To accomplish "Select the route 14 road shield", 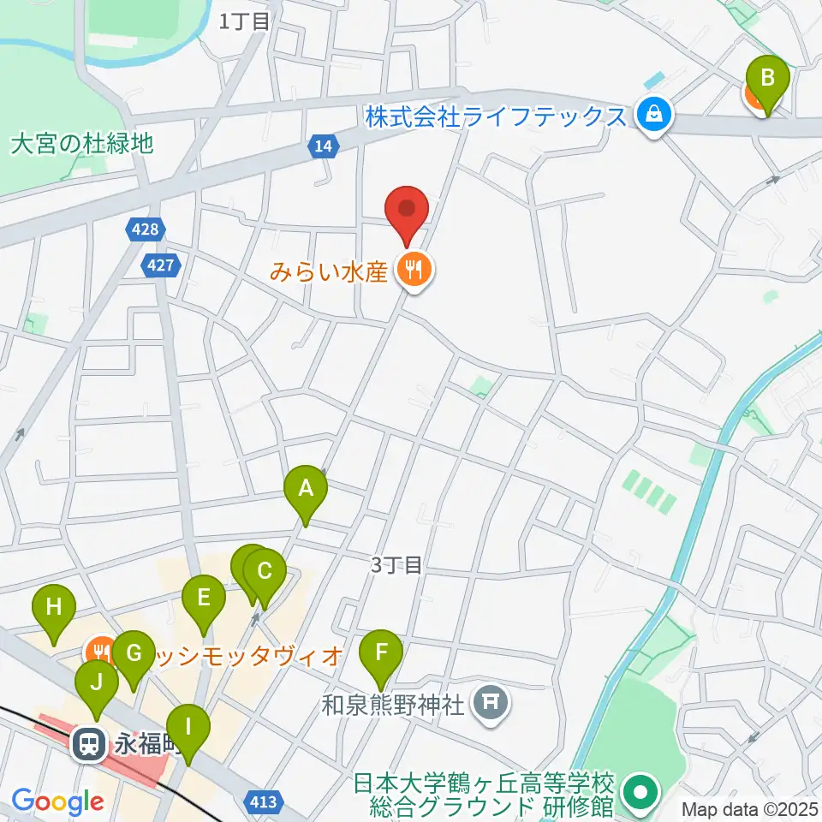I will pyautogui.click(x=322, y=147).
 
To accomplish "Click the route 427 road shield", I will pyautogui.click(x=161, y=265).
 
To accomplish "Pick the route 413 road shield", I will pyautogui.click(x=265, y=801).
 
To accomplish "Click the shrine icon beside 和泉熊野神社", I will pyautogui.click(x=491, y=706).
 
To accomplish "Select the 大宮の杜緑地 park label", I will pyautogui.click(x=82, y=143).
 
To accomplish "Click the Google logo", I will pyautogui.click(x=57, y=801).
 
